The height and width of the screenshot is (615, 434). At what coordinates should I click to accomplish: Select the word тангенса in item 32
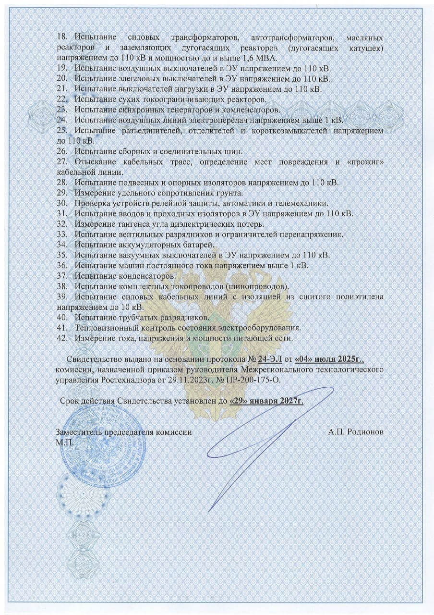point(133,224)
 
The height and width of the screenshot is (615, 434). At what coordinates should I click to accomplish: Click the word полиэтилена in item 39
point(359,297)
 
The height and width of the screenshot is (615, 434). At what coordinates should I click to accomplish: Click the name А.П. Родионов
point(356,432)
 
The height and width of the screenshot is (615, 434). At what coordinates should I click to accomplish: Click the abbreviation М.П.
point(65,442)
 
